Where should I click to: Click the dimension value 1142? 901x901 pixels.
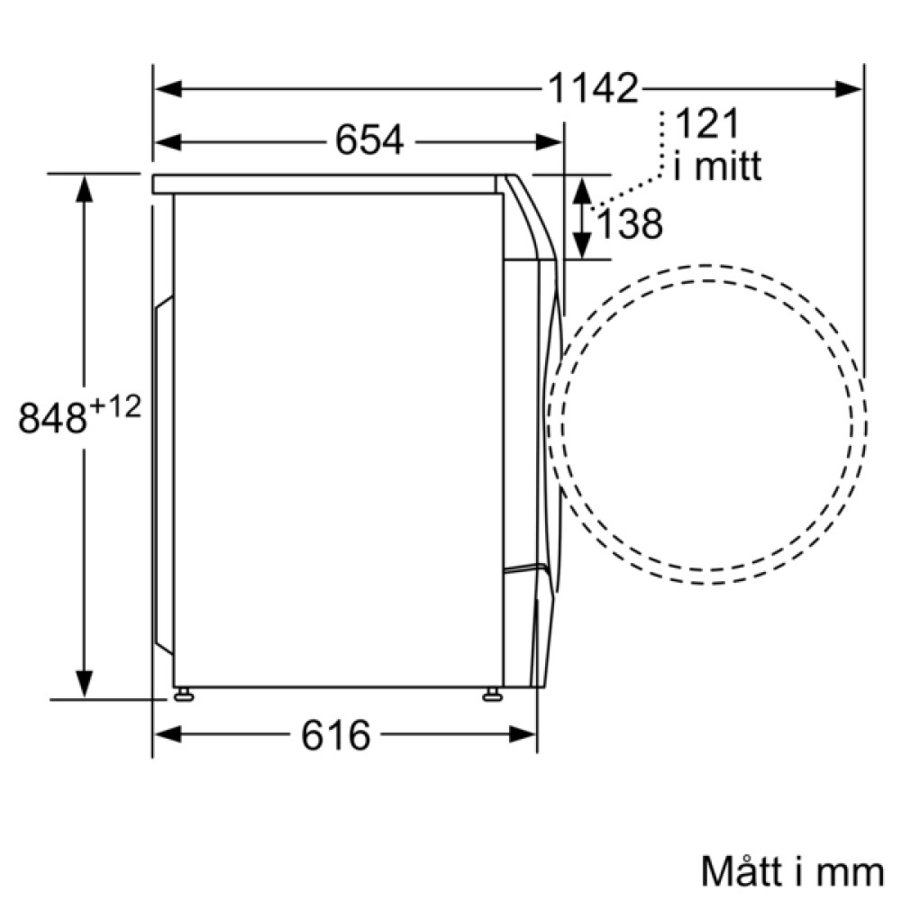593,88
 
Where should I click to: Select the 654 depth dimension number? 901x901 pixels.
369,141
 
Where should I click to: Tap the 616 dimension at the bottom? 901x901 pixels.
335,734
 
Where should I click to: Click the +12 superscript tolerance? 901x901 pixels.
115,407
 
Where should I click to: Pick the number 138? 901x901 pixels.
629,224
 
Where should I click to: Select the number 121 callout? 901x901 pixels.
705,122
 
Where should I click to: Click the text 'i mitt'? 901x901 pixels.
717,167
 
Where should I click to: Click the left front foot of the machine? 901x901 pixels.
184,694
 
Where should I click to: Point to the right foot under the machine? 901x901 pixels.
492,694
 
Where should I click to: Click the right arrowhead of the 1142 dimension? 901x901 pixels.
850,88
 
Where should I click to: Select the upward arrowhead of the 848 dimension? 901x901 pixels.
84,188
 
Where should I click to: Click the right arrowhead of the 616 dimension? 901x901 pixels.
524,734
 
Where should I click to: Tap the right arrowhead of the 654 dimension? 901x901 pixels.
551,141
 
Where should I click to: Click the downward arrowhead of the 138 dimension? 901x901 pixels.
582,246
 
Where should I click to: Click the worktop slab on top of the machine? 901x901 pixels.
324,184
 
